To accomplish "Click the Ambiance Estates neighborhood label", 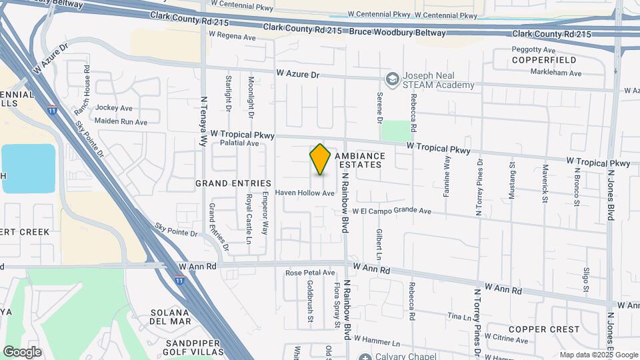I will pyautogui.click(x=359, y=160).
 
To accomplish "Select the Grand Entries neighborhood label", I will pyautogui.click(x=233, y=183).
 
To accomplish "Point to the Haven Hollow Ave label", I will pyautogui.click(x=305, y=193).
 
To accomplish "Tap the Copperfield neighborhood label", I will pyautogui.click(x=534, y=60).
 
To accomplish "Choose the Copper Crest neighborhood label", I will pyautogui.click(x=544, y=329).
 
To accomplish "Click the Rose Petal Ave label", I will pyautogui.click(x=310, y=273).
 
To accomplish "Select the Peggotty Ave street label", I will pyautogui.click(x=533, y=50).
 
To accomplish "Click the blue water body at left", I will pyautogui.click(x=28, y=168).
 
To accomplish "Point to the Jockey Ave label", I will pyautogui.click(x=114, y=108).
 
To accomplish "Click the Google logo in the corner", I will pyautogui.click(x=22, y=351).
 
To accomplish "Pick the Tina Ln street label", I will pyautogui.click(x=459, y=316).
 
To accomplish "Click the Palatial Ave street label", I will pyautogui.click(x=235, y=143).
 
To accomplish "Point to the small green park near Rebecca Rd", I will pyautogui.click(x=396, y=131).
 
